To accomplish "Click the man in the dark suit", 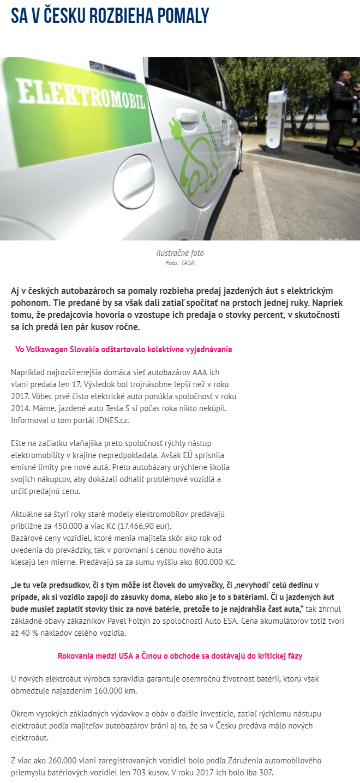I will tap(341, 106).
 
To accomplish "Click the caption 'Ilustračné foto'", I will tap(180, 253).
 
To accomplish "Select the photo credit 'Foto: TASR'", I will tap(180, 263).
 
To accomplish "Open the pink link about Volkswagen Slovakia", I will tap(124, 350).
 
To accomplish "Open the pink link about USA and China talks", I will tap(180, 656).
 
